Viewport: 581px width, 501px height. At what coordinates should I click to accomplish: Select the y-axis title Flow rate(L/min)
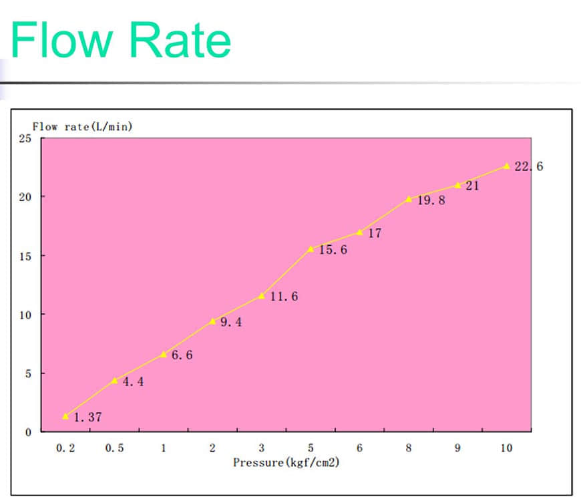click(x=82, y=127)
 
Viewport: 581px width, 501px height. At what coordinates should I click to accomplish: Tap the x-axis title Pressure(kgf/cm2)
click(x=286, y=462)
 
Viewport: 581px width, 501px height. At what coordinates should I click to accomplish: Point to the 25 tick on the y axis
click(x=25, y=138)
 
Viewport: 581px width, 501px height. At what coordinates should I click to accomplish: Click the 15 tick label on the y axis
click(x=25, y=256)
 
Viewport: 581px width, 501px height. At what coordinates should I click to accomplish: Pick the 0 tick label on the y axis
click(x=28, y=432)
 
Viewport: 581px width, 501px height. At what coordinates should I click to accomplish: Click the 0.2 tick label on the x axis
click(x=65, y=448)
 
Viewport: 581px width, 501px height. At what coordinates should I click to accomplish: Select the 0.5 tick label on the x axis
click(x=114, y=448)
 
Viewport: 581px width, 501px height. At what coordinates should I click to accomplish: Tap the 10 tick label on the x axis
click(x=506, y=448)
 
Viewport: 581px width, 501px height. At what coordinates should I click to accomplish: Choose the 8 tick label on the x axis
click(x=409, y=448)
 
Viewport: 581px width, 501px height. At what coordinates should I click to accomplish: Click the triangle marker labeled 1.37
click(x=65, y=415)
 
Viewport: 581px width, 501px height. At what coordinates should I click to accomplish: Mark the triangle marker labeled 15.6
click(x=311, y=248)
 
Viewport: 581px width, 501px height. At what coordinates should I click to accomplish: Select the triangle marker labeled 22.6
click(x=506, y=166)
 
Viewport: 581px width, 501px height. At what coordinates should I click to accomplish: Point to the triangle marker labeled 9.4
click(x=212, y=321)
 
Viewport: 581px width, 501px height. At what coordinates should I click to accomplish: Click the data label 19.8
click(x=431, y=200)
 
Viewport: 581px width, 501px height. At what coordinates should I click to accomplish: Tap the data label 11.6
click(x=284, y=297)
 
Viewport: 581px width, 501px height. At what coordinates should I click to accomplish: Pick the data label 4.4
click(x=132, y=382)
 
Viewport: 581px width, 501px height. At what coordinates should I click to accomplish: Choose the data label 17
click(x=375, y=234)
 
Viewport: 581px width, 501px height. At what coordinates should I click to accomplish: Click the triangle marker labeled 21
click(x=457, y=185)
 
